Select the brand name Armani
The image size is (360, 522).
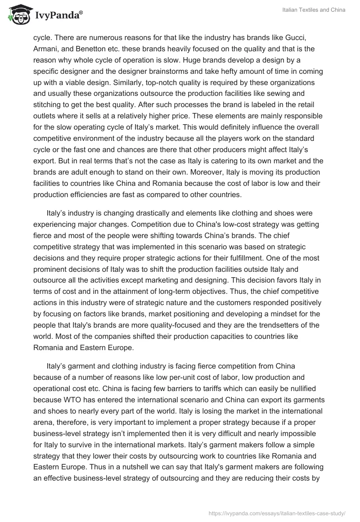(45, 49)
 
